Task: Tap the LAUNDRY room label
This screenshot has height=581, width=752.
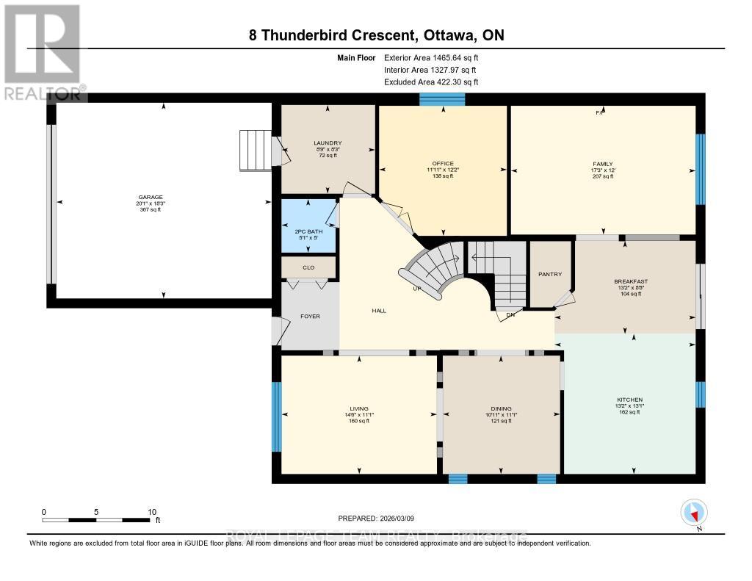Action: [327, 143]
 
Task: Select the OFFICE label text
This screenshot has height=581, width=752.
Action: [443, 164]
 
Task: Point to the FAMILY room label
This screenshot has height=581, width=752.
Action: [603, 165]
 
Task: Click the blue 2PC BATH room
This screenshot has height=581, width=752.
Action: [308, 226]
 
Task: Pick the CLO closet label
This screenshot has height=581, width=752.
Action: [308, 267]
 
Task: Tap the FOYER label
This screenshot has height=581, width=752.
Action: [309, 317]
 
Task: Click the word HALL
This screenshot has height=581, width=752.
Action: [379, 311]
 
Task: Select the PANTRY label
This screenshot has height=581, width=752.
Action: [550, 275]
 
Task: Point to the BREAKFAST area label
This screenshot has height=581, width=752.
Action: [630, 281]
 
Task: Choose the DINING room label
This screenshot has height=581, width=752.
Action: [501, 409]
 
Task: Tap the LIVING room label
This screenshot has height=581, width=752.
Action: [359, 409]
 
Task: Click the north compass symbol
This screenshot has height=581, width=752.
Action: [693, 512]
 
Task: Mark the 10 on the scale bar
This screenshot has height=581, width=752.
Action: [152, 512]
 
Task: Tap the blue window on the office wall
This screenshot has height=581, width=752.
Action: [442, 99]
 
